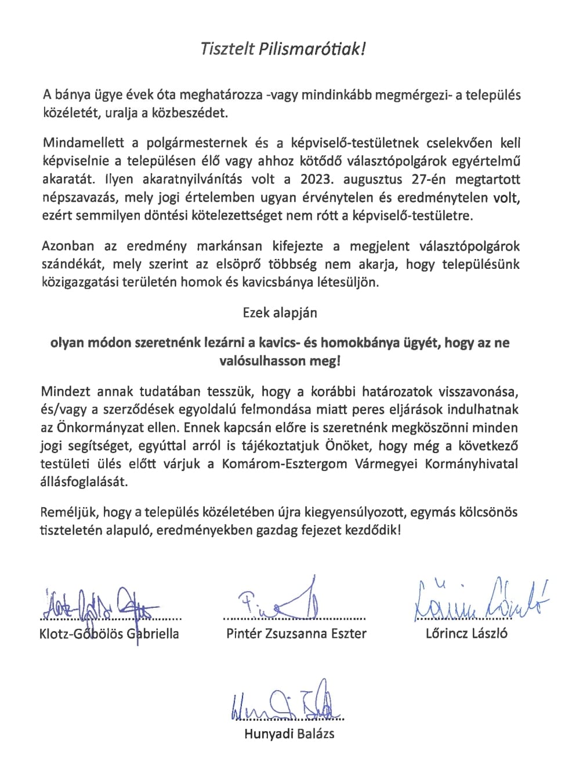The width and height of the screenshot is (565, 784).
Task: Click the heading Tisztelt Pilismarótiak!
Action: point(282,49)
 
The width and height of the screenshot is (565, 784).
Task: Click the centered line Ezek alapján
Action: point(280,312)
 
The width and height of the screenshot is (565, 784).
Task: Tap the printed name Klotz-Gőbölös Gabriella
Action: point(109,634)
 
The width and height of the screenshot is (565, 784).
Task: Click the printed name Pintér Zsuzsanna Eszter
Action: point(296,634)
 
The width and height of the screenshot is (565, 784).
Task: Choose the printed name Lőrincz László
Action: point(466,633)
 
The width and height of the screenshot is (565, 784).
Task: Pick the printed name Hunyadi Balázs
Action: point(289,734)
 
